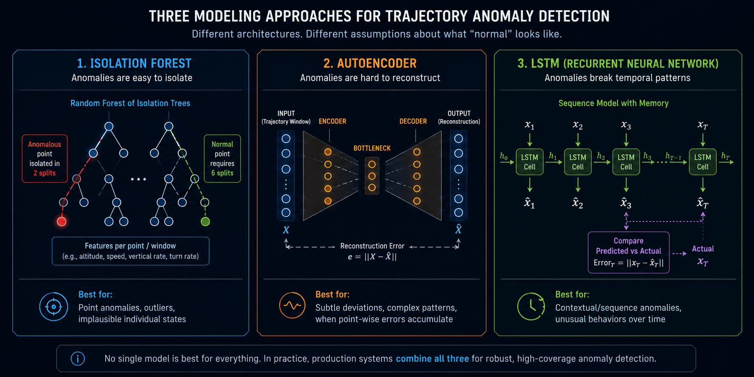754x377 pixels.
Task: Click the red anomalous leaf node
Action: pos(62,221)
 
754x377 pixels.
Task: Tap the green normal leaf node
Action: pos(205,221)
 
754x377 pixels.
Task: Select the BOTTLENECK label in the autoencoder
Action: pos(372,148)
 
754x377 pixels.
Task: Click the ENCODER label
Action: pos(332,122)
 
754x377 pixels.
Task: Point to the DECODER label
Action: pos(413,122)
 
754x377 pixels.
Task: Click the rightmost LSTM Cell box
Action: pos(703,162)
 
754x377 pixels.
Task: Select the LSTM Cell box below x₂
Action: pos(578,162)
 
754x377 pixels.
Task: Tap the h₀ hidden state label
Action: pos(504,156)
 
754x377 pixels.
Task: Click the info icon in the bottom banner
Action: pos(78,359)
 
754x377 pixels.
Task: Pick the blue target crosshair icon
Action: pos(54,306)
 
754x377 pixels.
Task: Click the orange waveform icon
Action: pos(292,305)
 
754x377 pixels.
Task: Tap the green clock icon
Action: pos(531,306)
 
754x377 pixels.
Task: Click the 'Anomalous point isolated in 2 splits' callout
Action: pos(45,159)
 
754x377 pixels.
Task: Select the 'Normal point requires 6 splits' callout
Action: pos(222,159)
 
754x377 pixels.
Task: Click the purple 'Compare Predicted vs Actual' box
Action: pos(629,252)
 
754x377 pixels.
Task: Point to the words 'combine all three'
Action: pos(432,359)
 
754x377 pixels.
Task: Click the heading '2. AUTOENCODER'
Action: pos(370,63)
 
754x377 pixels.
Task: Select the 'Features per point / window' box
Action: pos(130,251)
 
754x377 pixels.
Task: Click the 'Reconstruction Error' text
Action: pos(372,246)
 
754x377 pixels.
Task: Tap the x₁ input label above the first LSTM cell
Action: pos(530,125)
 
